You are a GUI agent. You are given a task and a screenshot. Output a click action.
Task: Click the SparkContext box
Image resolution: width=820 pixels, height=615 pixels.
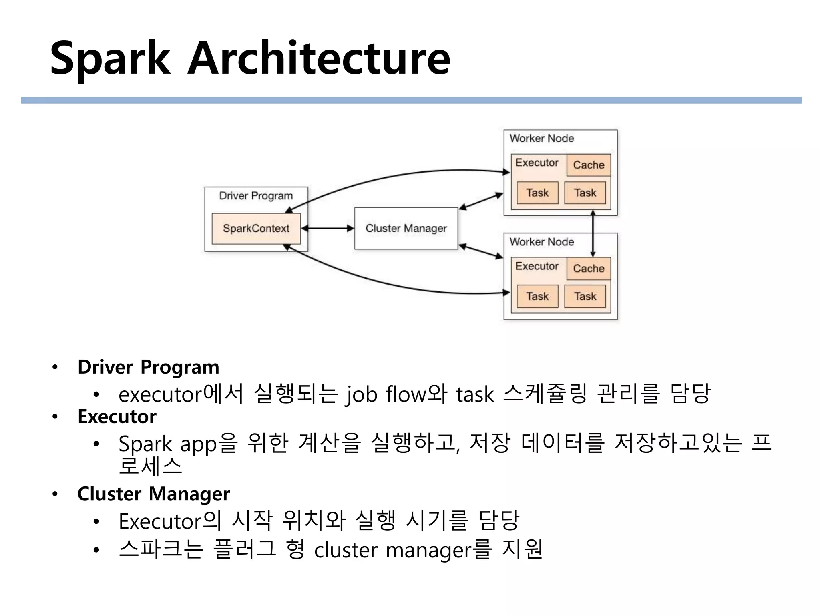click(x=256, y=229)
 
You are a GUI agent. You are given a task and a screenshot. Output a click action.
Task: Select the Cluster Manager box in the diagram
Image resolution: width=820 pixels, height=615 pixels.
click(x=406, y=228)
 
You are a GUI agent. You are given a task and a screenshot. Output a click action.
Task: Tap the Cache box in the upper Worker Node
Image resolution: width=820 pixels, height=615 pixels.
click(x=589, y=165)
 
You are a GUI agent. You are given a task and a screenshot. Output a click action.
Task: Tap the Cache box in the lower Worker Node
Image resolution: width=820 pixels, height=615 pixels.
click(x=589, y=269)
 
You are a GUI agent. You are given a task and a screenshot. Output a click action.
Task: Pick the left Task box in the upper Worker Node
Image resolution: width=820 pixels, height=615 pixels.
click(x=537, y=193)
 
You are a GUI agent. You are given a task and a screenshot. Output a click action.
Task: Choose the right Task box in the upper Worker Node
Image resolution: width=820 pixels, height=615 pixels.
click(x=585, y=193)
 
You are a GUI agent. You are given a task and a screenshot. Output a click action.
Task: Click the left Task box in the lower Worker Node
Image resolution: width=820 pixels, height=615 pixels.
click(x=537, y=297)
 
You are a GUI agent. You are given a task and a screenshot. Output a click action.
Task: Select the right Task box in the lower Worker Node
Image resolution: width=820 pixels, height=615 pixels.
click(x=585, y=297)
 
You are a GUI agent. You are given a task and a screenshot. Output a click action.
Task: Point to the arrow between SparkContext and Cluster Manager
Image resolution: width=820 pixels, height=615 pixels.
click(x=328, y=229)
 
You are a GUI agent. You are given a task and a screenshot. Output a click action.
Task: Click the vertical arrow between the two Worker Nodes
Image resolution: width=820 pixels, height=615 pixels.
click(x=593, y=234)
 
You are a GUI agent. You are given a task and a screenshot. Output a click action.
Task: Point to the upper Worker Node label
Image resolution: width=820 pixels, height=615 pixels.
click(x=542, y=139)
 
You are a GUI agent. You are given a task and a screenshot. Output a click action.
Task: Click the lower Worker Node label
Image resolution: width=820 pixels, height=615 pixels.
click(x=542, y=242)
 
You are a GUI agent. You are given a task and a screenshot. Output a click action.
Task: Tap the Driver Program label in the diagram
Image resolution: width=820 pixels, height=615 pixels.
click(x=256, y=196)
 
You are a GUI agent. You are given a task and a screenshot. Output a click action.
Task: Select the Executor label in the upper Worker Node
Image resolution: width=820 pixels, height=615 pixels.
click(x=537, y=163)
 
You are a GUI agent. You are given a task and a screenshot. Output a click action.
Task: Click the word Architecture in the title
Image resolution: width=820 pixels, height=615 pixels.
click(x=319, y=59)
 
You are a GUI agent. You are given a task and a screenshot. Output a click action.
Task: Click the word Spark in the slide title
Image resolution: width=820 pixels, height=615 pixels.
click(x=110, y=59)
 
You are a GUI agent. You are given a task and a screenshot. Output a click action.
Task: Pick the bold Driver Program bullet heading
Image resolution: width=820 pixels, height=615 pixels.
click(x=149, y=367)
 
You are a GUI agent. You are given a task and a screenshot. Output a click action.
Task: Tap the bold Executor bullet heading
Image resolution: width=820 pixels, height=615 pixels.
click(x=117, y=417)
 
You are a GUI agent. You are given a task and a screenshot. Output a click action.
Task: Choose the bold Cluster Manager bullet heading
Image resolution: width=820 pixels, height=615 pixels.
click(x=154, y=494)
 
